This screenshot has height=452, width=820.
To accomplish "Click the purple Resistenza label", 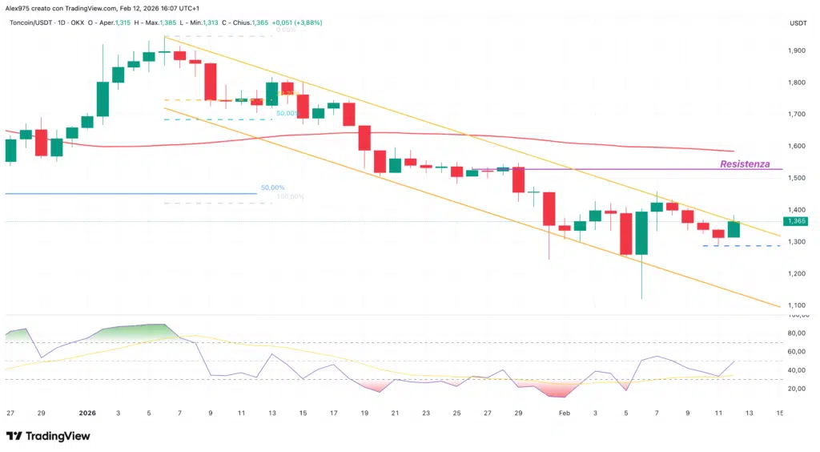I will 745,164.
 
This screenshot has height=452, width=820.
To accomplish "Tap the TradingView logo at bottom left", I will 47,435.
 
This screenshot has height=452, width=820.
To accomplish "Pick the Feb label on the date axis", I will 564,413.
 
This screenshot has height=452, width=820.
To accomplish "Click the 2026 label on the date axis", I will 87,413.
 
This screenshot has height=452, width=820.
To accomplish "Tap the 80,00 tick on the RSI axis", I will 798,333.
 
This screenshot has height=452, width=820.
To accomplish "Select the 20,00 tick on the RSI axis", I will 798,389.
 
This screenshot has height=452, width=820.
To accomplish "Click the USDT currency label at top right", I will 798,24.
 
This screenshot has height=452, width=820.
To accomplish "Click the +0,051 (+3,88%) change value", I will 296,22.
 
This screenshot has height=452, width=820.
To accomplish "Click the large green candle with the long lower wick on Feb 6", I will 641,233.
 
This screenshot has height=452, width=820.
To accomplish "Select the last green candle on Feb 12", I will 734,230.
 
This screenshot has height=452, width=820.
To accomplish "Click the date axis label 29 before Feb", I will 518,413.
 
